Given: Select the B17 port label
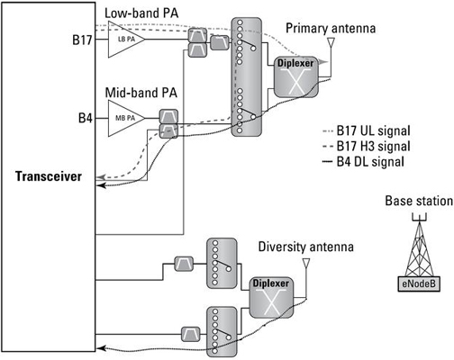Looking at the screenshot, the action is (x=82, y=40).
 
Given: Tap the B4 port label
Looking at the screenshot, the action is (x=86, y=119).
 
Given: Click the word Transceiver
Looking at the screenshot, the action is (x=49, y=176).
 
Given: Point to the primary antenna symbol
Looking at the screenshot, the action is (x=331, y=42).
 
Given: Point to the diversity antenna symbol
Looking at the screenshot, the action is (x=306, y=263).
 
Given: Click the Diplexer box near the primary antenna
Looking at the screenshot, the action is (x=296, y=76).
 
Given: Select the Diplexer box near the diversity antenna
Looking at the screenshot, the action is (x=271, y=297).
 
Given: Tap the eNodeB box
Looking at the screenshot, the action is (x=419, y=283).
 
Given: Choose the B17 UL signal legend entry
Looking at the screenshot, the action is (x=367, y=130).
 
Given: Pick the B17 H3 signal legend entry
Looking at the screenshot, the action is (x=367, y=147).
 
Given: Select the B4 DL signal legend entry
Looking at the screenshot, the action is (x=363, y=162).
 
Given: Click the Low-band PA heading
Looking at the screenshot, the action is (x=141, y=13).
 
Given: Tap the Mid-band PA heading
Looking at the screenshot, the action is (x=141, y=93).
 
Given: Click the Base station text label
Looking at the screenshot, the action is (x=419, y=201).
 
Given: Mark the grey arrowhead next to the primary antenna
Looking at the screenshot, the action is (x=323, y=62).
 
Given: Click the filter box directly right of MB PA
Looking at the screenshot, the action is (x=168, y=116).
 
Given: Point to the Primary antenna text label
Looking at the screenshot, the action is (x=331, y=28).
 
